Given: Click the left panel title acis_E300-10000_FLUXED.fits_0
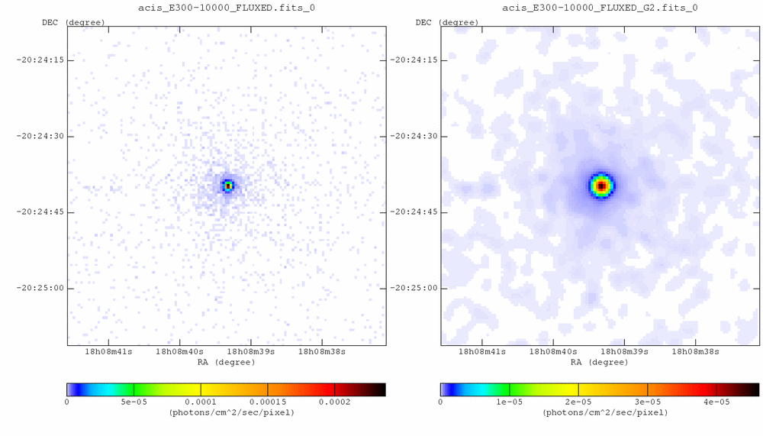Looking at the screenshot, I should (x=226, y=8).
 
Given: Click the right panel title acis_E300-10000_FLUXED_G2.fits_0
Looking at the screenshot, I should (x=600, y=8).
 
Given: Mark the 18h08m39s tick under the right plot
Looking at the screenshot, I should (x=624, y=352).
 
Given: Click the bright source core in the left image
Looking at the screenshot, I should (x=227, y=185).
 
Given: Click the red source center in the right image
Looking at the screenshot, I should (x=601, y=186).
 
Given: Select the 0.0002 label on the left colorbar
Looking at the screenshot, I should (x=334, y=402).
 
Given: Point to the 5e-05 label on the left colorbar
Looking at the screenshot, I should (x=134, y=402).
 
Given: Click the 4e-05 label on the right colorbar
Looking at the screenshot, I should (x=716, y=402).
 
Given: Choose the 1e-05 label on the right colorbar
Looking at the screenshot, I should (x=509, y=402).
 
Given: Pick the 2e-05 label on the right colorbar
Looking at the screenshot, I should (x=578, y=402).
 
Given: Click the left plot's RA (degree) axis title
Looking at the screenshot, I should (x=226, y=363).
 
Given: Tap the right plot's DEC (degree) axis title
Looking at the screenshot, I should (x=448, y=22).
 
